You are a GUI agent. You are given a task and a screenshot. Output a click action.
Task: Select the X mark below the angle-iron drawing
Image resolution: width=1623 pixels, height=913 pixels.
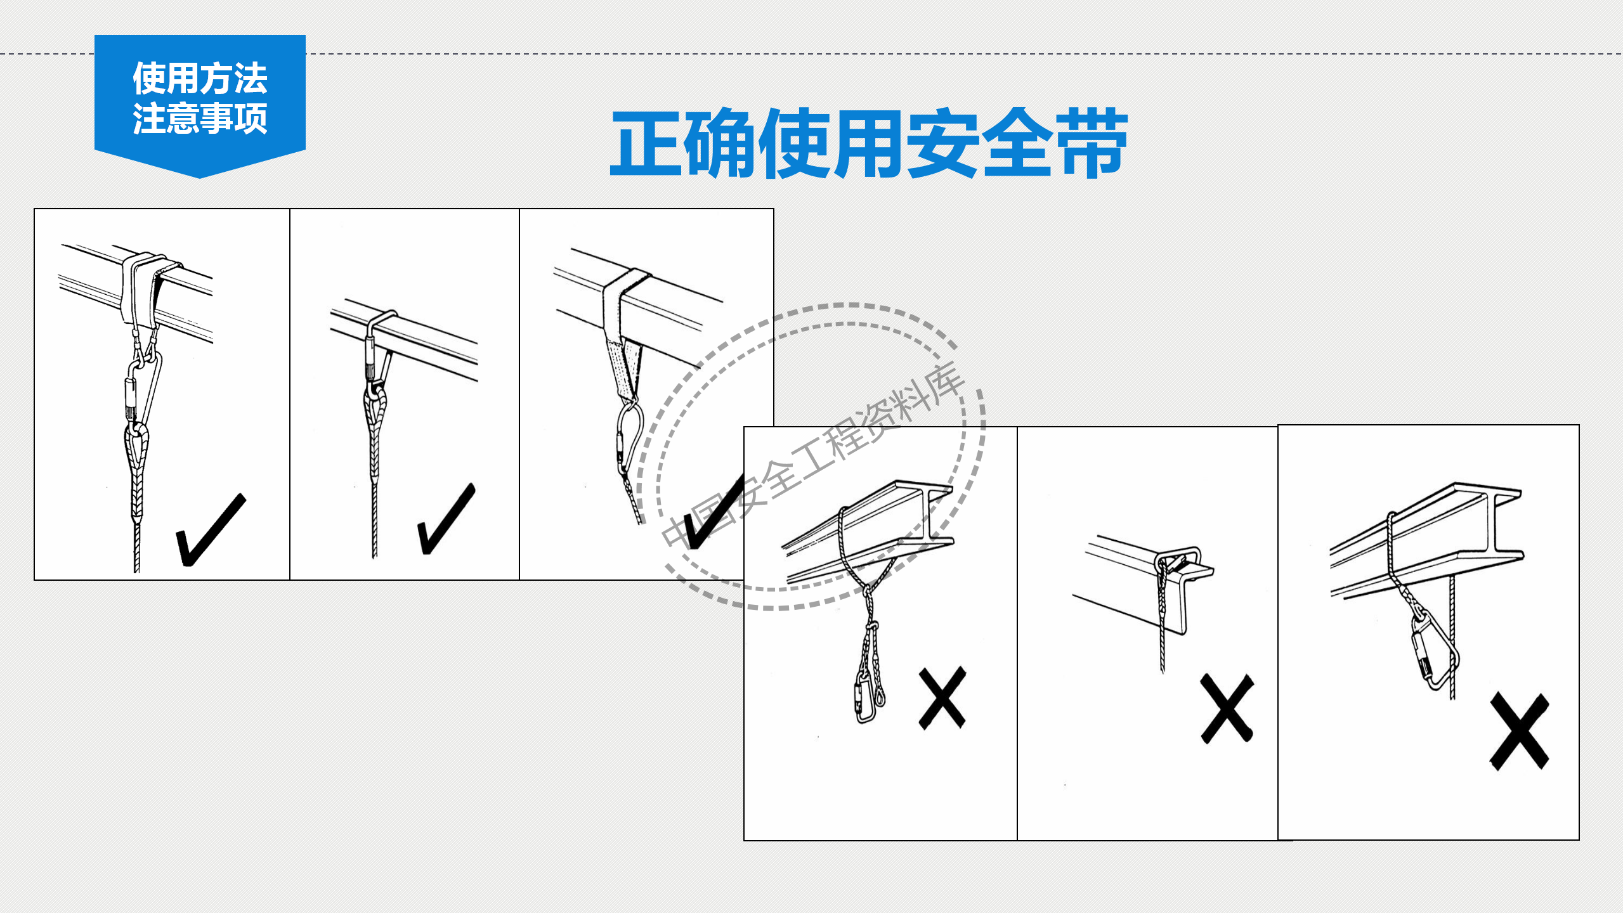point(1227,708)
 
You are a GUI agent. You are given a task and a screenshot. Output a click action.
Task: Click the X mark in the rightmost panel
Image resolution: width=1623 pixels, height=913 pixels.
point(1519,731)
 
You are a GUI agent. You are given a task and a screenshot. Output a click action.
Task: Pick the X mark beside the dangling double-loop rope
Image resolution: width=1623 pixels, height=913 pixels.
point(942,698)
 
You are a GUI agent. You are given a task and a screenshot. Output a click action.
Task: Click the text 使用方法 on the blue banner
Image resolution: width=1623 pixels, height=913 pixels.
point(200,78)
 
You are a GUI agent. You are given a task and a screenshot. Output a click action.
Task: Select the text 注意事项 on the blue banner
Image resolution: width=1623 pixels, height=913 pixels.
point(200,119)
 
